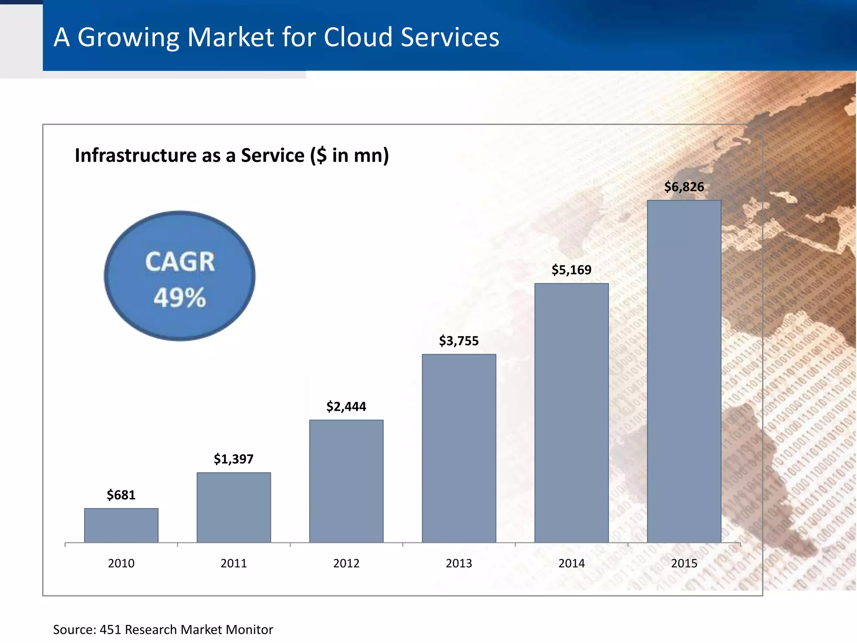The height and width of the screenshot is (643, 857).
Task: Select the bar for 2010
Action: coord(121,525)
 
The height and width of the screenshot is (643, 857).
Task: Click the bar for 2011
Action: coord(234,507)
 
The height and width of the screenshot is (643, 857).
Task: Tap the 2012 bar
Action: coord(346,481)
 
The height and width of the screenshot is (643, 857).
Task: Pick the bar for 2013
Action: coord(459,448)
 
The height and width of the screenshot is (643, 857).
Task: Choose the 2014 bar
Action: coord(572,413)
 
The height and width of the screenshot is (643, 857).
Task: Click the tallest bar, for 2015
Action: coord(684,371)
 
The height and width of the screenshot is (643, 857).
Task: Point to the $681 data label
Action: coord(121,495)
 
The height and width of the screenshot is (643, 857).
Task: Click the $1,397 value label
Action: coord(234,459)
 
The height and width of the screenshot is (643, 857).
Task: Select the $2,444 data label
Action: coord(346,406)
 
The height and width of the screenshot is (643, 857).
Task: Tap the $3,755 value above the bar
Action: coord(459,341)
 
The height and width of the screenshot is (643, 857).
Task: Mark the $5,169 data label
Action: coord(572,270)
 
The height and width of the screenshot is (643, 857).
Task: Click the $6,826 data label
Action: coord(684,187)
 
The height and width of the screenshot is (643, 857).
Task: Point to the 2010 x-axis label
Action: coord(121,563)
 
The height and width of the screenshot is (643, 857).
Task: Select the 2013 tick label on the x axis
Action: coord(459,563)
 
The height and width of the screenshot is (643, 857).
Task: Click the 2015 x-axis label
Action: coord(684,563)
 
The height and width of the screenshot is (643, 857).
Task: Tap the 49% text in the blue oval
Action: coord(180,298)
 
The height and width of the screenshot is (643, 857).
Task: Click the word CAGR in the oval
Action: coord(180,262)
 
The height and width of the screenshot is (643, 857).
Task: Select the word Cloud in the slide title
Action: coord(358,37)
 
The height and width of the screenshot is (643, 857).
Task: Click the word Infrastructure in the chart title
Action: coord(135,155)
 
